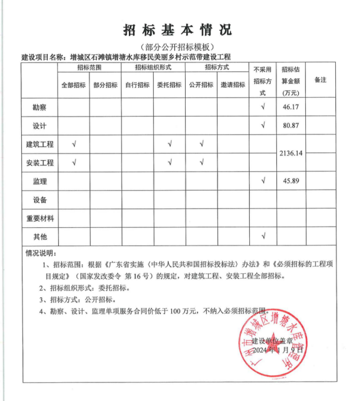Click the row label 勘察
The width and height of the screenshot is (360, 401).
tap(40, 107)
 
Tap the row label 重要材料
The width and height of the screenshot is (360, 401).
tap(40, 218)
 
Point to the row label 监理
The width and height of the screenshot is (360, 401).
tap(40, 181)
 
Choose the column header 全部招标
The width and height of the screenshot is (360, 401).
tap(74, 85)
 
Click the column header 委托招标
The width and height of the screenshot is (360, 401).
tap(169, 85)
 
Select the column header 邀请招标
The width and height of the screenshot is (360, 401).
tap(233, 85)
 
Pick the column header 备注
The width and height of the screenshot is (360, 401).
tap(321, 79)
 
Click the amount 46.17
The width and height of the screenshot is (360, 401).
tap(292, 107)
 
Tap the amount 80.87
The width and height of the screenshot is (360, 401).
tap(292, 125)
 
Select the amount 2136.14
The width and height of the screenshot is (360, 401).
tap(292, 153)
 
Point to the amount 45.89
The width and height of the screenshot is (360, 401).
tap(292, 181)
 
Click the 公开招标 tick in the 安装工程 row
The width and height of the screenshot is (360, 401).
tap(201, 163)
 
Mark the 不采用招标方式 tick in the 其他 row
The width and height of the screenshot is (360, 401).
tap(263, 236)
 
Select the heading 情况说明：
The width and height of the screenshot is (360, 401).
tap(41, 253)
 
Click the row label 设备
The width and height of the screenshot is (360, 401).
tap(40, 200)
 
